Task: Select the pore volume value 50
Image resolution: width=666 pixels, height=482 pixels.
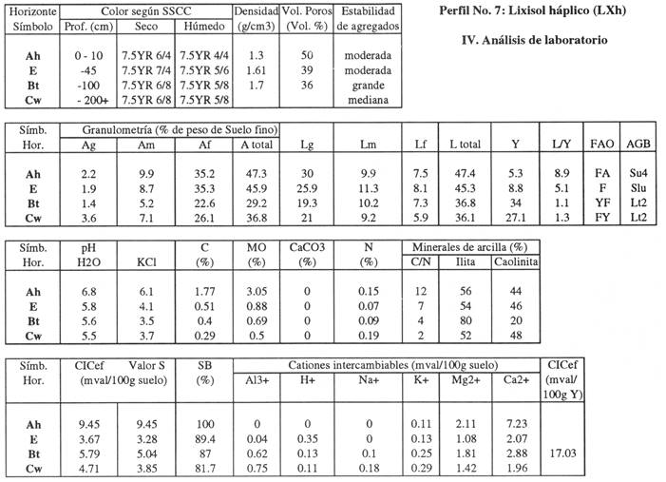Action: coord(306,56)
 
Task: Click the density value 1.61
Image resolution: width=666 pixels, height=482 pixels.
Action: coord(256,70)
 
